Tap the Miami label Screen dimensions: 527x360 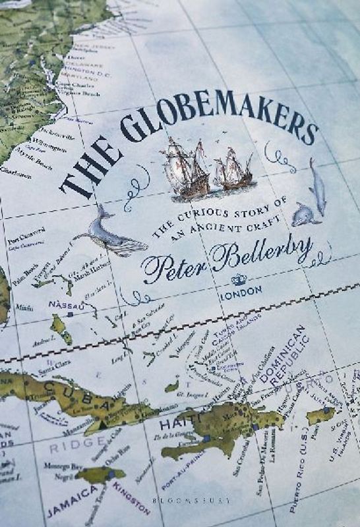tap(24, 306)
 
